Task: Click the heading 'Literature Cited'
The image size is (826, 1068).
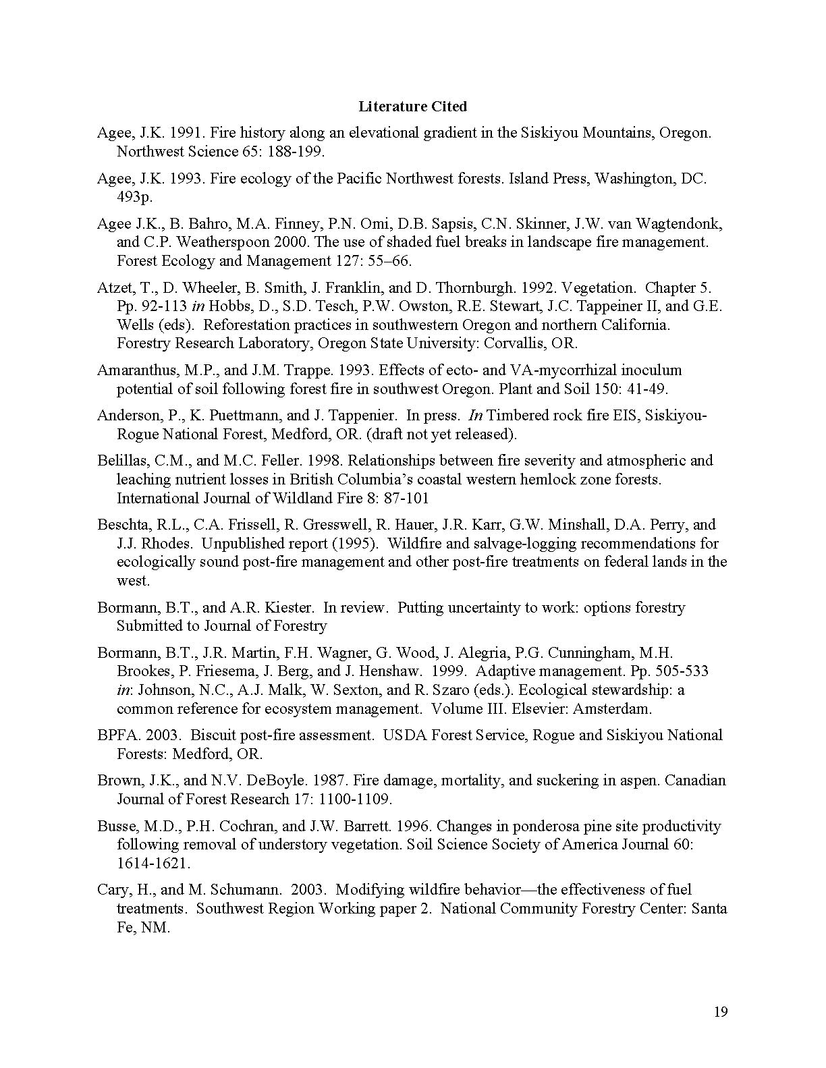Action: point(412,107)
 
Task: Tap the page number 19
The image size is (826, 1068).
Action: point(720,1012)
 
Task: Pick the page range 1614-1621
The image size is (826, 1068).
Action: point(153,864)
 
